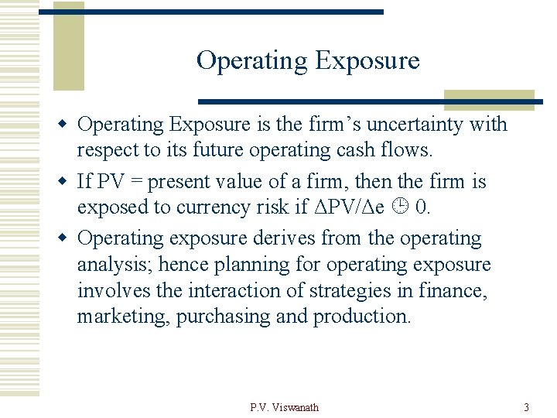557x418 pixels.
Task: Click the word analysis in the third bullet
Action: [x=114, y=266]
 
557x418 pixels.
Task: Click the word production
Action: [x=361, y=317]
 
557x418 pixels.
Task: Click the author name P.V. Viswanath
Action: [x=284, y=407]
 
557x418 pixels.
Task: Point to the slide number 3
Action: [x=526, y=407]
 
